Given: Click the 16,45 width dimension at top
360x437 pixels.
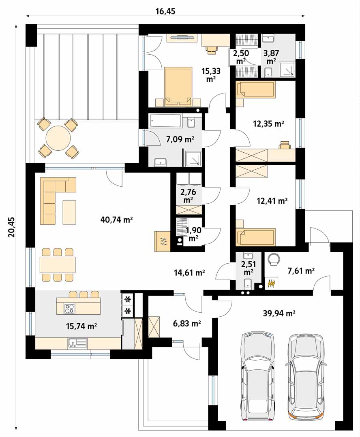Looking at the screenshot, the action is tap(165, 11).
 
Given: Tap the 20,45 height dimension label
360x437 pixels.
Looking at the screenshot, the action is tap(11, 227).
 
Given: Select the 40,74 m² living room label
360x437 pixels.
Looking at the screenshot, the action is tap(116, 220).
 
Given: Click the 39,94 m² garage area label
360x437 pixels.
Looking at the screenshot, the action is tap(279, 313).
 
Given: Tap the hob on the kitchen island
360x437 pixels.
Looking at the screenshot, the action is tap(69, 309).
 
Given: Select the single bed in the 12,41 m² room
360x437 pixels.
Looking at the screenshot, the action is tap(256, 237).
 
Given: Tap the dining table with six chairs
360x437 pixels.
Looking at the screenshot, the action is tap(58, 264).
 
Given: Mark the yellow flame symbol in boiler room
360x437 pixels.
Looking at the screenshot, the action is tap(272, 284).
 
